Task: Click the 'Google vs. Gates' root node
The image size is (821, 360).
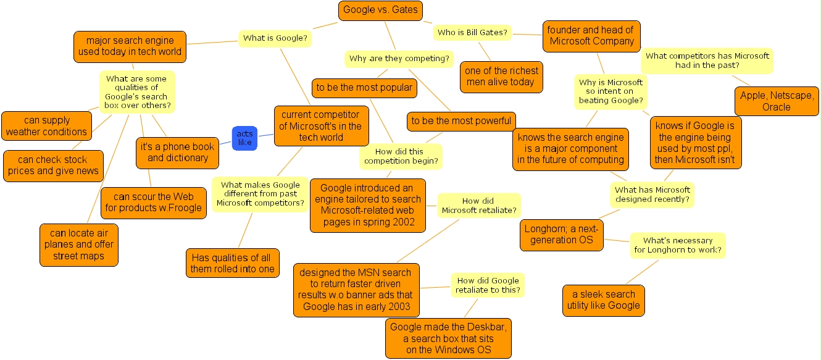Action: click(380, 10)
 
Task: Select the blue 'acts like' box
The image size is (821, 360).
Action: click(244, 138)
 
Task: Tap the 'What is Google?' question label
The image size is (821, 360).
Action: click(275, 38)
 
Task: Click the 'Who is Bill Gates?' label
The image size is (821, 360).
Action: click(472, 33)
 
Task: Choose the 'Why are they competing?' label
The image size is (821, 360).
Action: click(399, 59)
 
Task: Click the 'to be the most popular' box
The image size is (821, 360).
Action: click(364, 88)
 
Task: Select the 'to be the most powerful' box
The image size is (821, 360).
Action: click(461, 121)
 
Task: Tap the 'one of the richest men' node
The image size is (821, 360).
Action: click(501, 77)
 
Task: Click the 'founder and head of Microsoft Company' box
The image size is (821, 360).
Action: click(591, 36)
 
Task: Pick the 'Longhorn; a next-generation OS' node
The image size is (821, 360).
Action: click(562, 235)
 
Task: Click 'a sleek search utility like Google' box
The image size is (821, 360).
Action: click(603, 300)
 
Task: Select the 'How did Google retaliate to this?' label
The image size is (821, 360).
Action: click(488, 285)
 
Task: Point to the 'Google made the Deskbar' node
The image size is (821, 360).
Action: click(448, 338)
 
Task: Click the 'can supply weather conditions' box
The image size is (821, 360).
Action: click(47, 126)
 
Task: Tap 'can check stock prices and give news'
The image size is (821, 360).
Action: click(53, 165)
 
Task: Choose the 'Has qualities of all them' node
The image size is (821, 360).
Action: click(232, 263)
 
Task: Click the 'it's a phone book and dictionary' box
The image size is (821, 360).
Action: click(178, 153)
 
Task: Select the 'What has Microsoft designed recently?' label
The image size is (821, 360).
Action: click(652, 195)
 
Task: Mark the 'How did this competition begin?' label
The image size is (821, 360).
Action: click(401, 156)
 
